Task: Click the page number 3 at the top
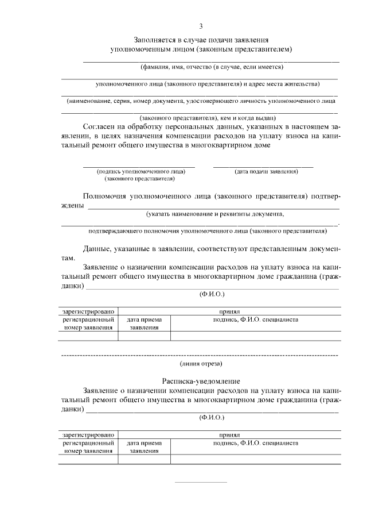(201, 26)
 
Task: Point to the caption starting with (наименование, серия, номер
(201, 101)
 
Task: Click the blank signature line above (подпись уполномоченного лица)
(139, 166)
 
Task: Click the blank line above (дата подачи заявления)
(263, 166)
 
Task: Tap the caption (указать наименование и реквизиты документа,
(215, 214)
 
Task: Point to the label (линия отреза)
(201, 363)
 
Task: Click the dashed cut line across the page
(201, 356)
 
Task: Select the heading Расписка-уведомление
(201, 381)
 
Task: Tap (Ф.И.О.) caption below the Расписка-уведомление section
(212, 418)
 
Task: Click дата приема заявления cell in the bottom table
(144, 447)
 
